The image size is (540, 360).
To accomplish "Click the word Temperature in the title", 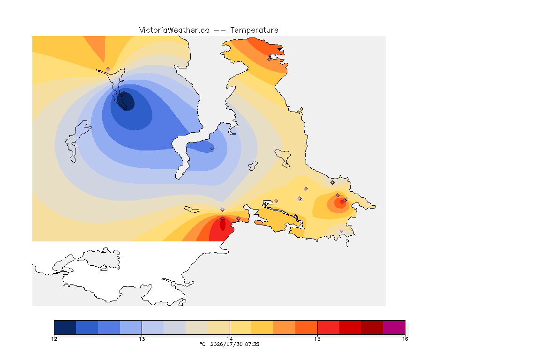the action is coord(254,30).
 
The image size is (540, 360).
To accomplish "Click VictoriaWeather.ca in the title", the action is coord(174,30).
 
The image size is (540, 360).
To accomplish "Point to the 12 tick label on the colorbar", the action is coord(54,339).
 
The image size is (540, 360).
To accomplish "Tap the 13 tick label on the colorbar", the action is coord(142,339).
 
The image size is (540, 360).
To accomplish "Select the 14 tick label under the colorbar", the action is coord(230,339).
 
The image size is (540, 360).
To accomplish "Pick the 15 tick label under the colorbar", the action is coord(317,339).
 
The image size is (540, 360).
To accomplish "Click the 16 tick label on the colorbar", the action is coord(405,339).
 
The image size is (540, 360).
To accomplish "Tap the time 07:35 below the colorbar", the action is coord(252,344).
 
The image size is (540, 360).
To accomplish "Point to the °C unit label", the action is coord(202,344).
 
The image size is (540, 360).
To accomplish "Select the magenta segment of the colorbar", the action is coord(394,327).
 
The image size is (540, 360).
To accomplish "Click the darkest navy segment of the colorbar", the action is coord(65,327).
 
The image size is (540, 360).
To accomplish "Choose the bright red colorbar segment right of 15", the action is coord(328,327).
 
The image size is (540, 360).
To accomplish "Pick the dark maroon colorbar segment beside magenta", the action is coord(372,327).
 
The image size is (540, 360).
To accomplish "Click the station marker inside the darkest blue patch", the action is coord(122,94).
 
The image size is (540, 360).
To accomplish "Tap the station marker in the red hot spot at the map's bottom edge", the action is coord(223,219).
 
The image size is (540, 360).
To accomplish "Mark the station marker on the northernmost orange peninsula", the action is coord(270,59).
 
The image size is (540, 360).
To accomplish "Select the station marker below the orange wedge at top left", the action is coord(108,69).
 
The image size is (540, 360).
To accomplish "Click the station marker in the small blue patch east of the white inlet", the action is coord(212,149).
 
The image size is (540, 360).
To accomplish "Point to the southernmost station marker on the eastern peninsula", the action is coord(341,231).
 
